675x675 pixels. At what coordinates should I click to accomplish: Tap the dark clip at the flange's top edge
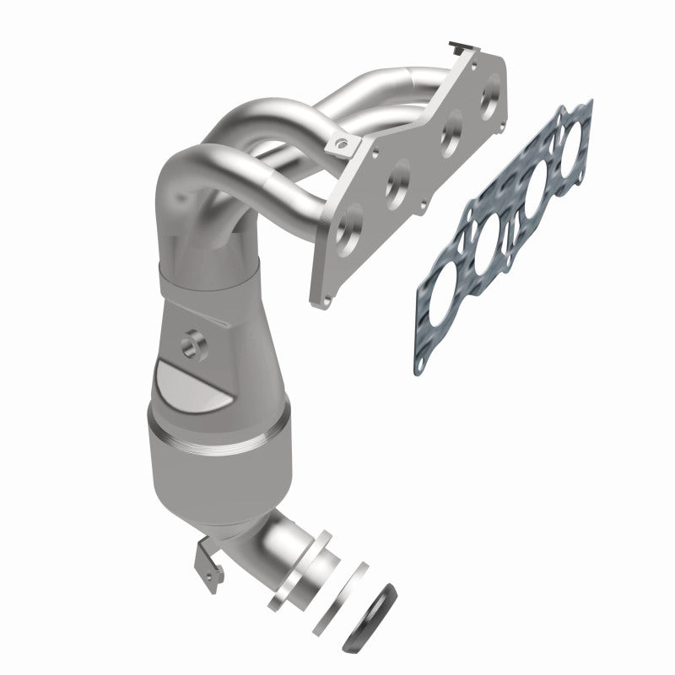(458, 42)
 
